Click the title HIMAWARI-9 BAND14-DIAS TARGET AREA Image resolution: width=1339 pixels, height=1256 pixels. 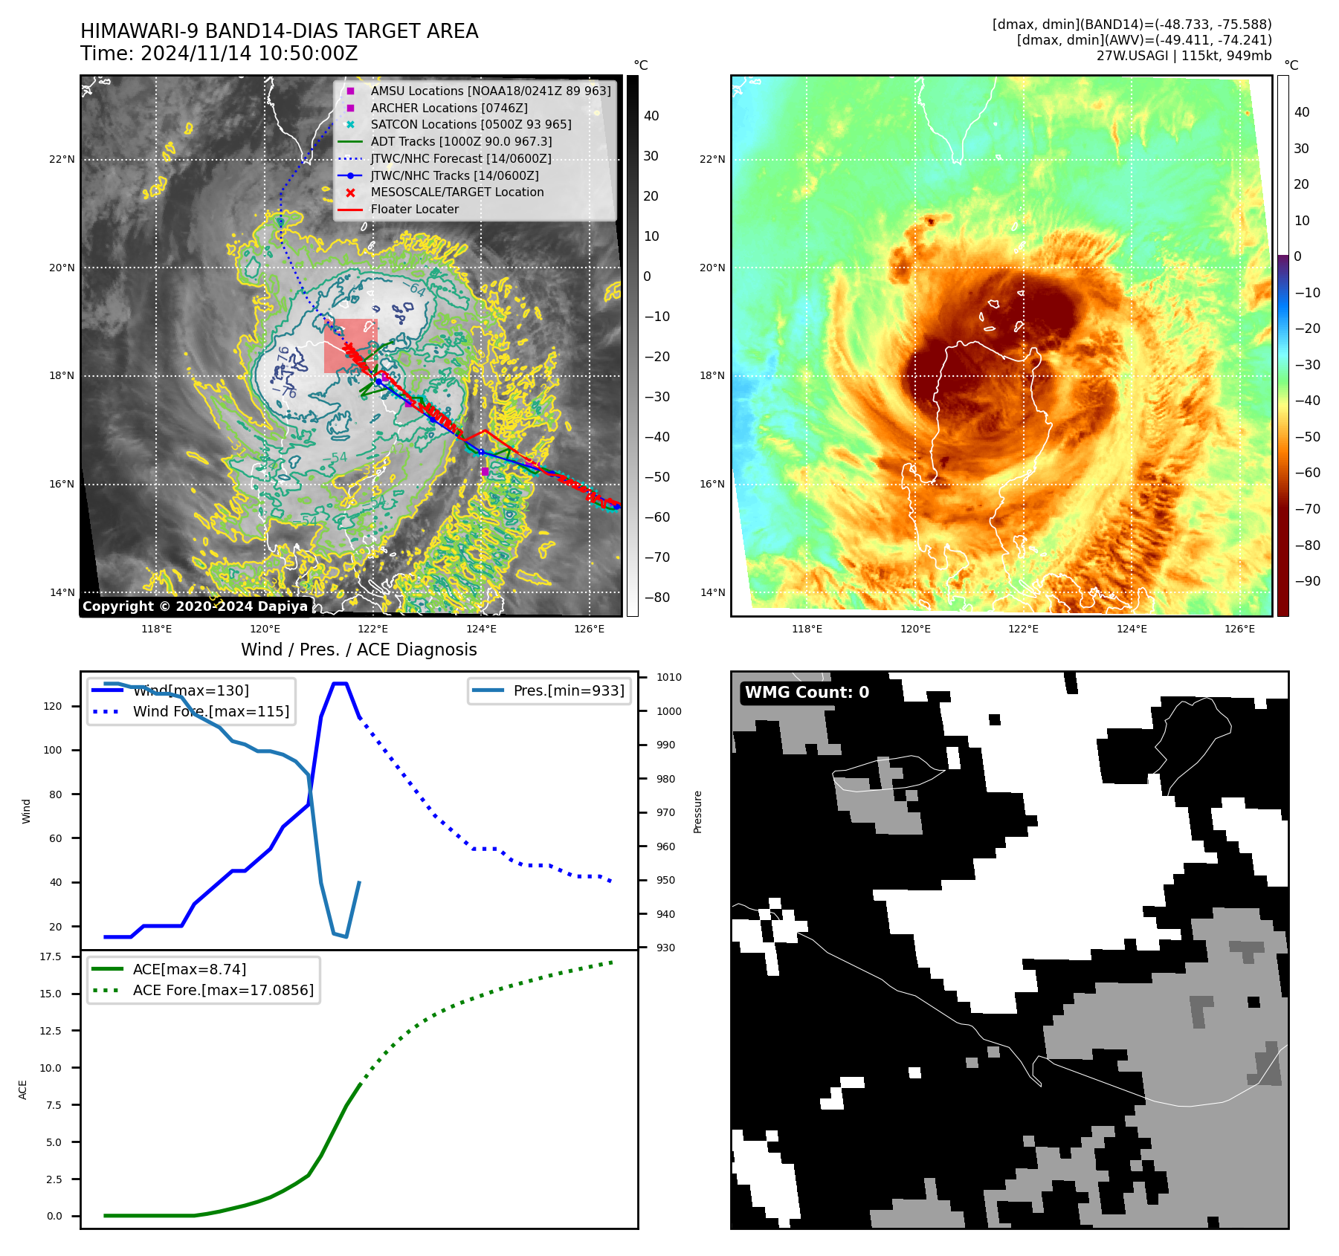coord(279,31)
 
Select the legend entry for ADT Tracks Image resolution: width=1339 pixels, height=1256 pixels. coord(461,141)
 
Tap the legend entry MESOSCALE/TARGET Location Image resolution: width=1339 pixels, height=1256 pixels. coord(456,192)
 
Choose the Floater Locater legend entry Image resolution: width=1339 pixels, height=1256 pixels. coord(414,209)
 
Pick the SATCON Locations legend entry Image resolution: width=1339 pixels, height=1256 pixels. coord(471,124)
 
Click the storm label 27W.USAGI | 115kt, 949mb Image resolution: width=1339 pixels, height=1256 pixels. coord(1184,56)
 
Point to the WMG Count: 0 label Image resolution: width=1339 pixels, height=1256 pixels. coord(807,693)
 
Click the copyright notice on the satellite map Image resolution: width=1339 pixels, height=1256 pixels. coord(195,606)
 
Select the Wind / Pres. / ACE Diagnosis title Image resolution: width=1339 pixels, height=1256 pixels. coord(358,650)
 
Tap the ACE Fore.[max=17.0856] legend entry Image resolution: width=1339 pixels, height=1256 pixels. coord(223,990)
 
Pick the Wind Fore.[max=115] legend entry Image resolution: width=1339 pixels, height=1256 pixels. coord(210,711)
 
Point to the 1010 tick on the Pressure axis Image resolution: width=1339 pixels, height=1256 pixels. coord(668,677)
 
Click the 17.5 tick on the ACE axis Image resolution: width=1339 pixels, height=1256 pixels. coord(51,956)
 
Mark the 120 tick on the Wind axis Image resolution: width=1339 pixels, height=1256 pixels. coord(53,706)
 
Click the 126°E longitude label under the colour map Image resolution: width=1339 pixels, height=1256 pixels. coord(1239,629)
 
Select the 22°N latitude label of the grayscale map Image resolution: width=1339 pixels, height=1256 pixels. coord(62,159)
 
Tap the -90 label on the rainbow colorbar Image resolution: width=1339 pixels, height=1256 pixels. coord(1307,581)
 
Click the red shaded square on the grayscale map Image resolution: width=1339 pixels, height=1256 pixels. coord(350,346)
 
